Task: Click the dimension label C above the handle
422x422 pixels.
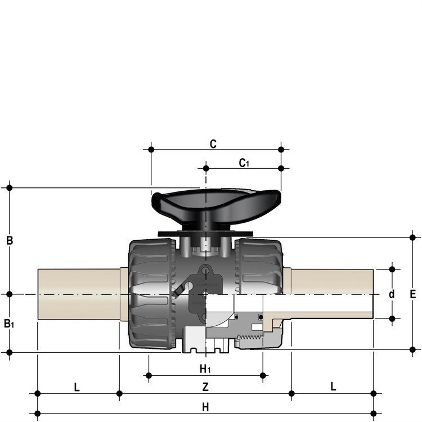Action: [213, 144]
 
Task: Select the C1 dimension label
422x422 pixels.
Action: [244, 163]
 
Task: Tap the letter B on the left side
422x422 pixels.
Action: [10, 240]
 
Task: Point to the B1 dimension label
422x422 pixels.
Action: [9, 323]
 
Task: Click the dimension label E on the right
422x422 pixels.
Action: [412, 294]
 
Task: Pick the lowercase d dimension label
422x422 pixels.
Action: [392, 294]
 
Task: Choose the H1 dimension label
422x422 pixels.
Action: [205, 369]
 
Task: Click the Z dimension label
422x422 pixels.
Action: [205, 387]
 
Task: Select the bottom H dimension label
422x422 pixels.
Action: [205, 407]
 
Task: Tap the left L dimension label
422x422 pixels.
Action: [77, 388]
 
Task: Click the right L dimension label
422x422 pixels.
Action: [333, 387]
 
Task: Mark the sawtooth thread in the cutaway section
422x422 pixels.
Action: [250, 338]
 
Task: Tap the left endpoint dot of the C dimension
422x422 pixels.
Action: [151, 149]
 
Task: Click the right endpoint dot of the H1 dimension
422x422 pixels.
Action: [263, 375]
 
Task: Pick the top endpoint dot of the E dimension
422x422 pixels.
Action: [412, 237]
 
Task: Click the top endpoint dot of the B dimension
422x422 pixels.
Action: [10, 187]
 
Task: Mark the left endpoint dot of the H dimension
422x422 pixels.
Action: [38, 413]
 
